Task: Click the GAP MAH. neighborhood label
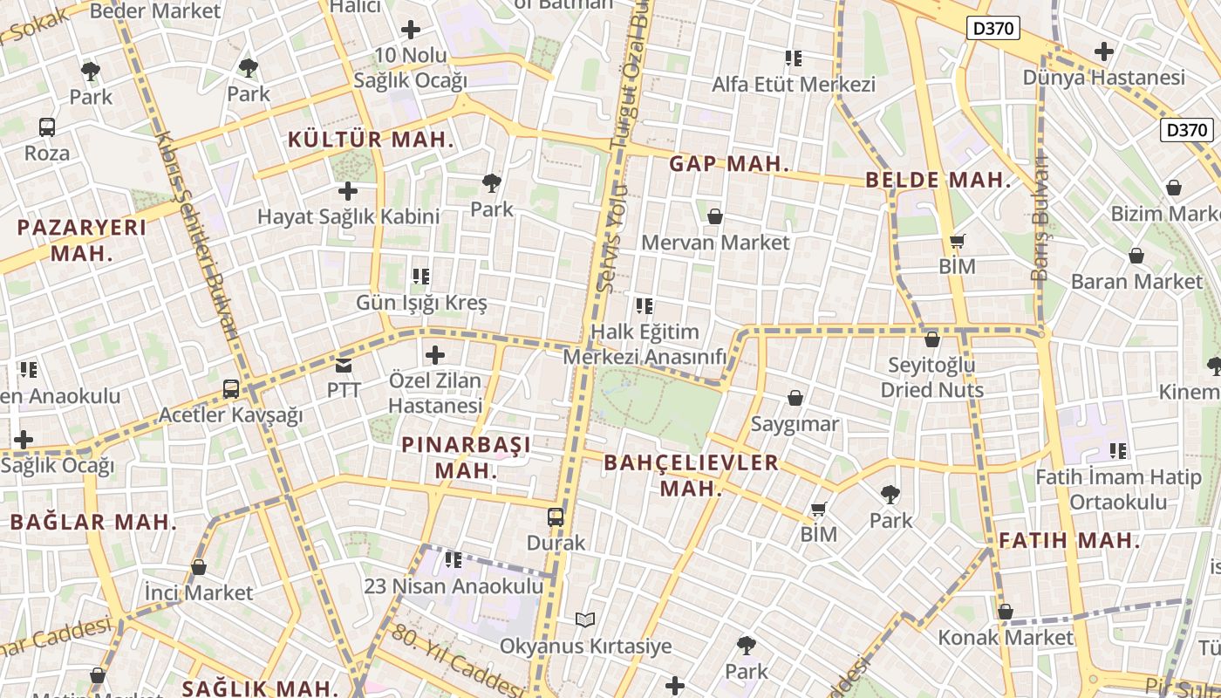729,164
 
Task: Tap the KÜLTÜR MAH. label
371,140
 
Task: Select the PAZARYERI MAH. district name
82,240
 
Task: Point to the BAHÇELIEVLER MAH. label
691,475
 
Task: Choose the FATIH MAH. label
1069,540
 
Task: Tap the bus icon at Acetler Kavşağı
231,389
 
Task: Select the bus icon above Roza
47,127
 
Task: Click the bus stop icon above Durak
556,517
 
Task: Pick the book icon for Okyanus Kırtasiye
585,620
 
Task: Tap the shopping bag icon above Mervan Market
715,216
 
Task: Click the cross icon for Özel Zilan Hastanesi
434,355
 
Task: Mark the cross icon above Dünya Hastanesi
1104,51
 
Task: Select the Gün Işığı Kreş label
421,304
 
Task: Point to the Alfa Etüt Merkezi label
793,85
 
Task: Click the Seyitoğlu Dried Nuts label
931,377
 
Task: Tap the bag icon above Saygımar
795,399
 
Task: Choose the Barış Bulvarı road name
1040,218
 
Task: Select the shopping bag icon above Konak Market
1006,612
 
